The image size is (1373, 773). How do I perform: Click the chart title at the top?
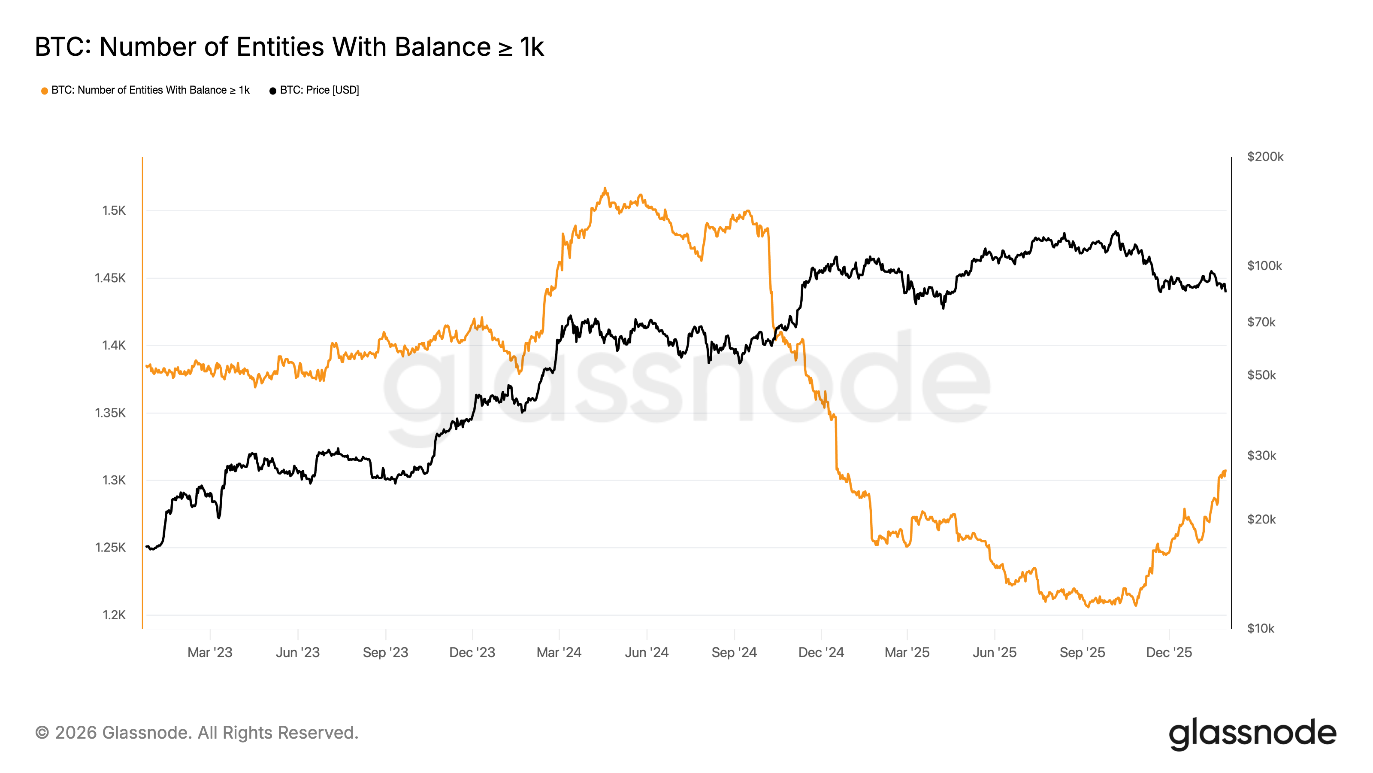pyautogui.click(x=289, y=47)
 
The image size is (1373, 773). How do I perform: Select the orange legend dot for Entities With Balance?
pyautogui.click(x=45, y=91)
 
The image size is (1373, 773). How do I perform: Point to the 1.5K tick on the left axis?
pyautogui.click(x=114, y=211)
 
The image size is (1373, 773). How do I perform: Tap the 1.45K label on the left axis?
pyautogui.click(x=110, y=278)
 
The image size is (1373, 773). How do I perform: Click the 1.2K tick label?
pyautogui.click(x=114, y=615)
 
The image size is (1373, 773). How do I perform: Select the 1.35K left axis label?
pyautogui.click(x=110, y=413)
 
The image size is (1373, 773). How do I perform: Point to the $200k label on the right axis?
pyautogui.click(x=1265, y=157)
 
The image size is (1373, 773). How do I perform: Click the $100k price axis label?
pyautogui.click(x=1264, y=266)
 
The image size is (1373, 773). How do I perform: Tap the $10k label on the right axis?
pyautogui.click(x=1261, y=628)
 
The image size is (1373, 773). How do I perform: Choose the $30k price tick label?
pyautogui.click(x=1261, y=456)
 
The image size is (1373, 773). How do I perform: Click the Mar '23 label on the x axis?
pyautogui.click(x=210, y=652)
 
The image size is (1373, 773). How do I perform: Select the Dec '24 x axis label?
pyautogui.click(x=821, y=652)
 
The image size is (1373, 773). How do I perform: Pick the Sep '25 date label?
pyautogui.click(x=1082, y=652)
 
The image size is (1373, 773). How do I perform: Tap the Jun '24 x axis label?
pyautogui.click(x=647, y=652)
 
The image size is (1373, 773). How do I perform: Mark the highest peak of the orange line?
pyautogui.click(x=605, y=189)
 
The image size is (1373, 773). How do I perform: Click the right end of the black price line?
pyautogui.click(x=1226, y=291)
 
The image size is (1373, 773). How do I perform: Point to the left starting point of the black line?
pyautogui.click(x=147, y=546)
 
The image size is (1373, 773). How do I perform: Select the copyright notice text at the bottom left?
pyautogui.click(x=197, y=733)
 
